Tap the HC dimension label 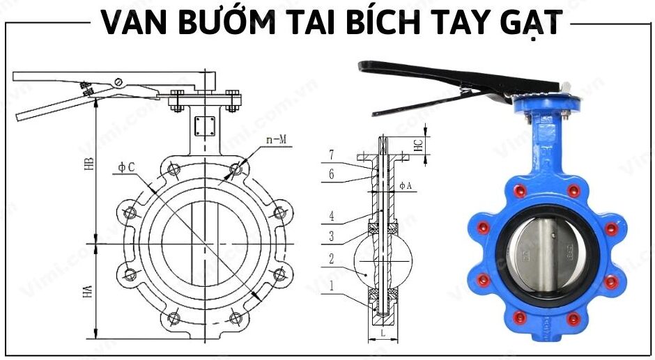pos(418,146)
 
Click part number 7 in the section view pos(332,153)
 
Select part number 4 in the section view pos(332,217)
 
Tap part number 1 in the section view pos(332,285)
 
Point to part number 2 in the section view pos(332,258)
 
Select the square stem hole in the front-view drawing pos(205,126)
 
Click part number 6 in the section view pos(332,174)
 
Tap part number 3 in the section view pos(332,237)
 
